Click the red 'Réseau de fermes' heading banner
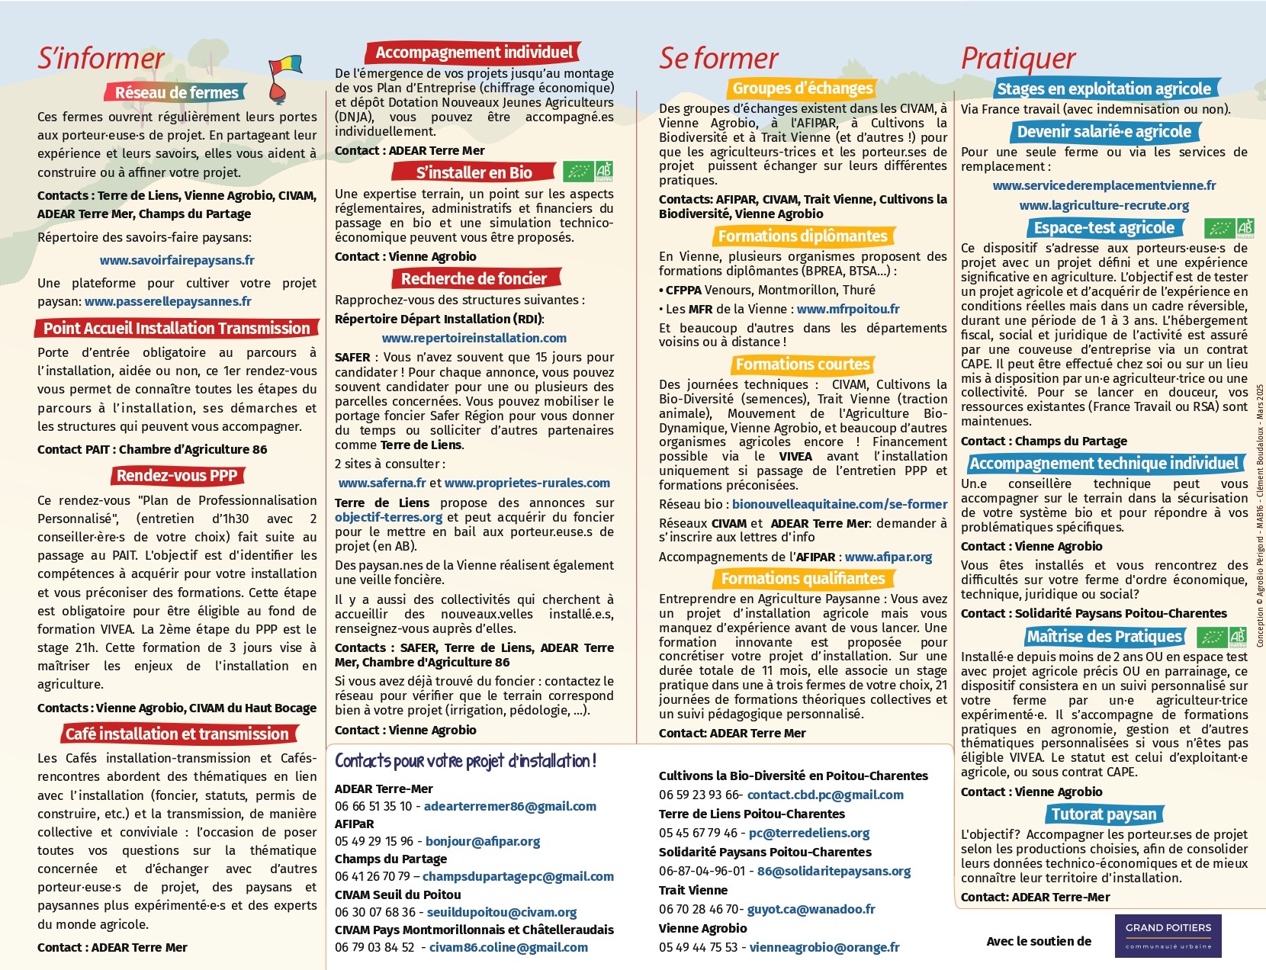[176, 92]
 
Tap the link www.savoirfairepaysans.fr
[177, 260]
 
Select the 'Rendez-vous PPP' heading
[177, 476]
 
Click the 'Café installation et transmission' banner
[177, 734]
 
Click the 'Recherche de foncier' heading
[474, 278]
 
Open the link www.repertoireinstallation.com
[474, 338]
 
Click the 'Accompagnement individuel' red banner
[474, 52]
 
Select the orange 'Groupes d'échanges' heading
[802, 88]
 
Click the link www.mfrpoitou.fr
[848, 309]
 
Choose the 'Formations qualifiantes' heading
[802, 578]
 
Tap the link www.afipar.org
[888, 557]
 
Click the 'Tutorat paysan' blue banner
[1104, 814]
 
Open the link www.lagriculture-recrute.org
[1104, 205]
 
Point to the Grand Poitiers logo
[1168, 936]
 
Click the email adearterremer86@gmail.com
[509, 806]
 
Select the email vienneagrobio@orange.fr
[824, 947]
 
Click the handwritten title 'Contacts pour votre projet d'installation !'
[465, 761]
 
